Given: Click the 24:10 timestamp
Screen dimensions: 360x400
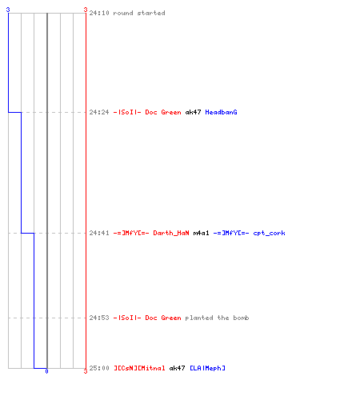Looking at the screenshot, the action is [x=99, y=13].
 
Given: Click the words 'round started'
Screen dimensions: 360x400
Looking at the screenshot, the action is [x=139, y=13].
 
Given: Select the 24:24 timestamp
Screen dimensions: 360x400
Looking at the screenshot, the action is [x=99, y=112].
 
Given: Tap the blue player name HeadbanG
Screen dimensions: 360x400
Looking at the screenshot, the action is [x=221, y=112].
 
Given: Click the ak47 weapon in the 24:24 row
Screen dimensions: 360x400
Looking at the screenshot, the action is [x=193, y=112].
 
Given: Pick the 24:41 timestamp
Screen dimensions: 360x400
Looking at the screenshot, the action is [x=99, y=233].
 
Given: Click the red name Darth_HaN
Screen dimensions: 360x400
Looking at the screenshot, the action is [x=171, y=233].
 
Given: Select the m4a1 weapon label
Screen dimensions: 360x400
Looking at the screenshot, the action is [x=201, y=233].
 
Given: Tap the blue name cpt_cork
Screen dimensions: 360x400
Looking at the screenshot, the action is [x=269, y=234].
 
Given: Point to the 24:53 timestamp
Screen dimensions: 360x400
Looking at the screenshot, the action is [x=99, y=318].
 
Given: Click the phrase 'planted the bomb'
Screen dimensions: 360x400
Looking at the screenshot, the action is [x=217, y=318].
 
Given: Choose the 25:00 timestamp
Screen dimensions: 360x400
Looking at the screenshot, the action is [x=99, y=368].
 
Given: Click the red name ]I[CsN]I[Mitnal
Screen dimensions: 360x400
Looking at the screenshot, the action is [x=139, y=368].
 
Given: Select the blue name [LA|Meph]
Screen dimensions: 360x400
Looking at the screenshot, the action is [x=207, y=368].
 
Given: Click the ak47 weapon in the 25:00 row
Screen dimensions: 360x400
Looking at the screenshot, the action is [x=177, y=368].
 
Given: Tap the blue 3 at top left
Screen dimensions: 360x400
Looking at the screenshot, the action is [x=8, y=10].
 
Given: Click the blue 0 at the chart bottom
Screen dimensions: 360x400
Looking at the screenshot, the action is [x=46, y=371].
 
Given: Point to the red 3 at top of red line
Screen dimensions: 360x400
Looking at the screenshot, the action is [x=86, y=10].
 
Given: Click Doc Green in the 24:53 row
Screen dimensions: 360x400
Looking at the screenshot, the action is [x=163, y=318].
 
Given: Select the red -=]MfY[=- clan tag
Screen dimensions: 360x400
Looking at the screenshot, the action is [x=131, y=233].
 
